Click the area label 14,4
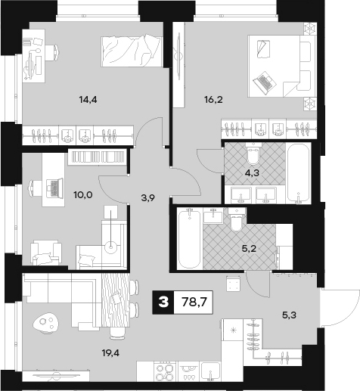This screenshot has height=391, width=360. tap(88, 100)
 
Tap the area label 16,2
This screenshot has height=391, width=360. tap(213, 100)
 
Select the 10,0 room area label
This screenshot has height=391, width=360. tap(83, 194)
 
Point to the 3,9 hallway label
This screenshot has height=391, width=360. tap(148, 198)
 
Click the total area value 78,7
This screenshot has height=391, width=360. tap(194, 302)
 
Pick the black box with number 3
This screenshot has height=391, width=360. tap(163, 302)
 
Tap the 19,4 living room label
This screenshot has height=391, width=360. tap(110, 353)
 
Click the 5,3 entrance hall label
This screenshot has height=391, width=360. tap(289, 315)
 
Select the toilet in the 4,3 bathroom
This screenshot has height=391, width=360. tap(253, 153)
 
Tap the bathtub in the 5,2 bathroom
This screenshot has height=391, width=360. tap(189, 238)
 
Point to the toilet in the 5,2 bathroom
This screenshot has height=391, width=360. tap(236, 219)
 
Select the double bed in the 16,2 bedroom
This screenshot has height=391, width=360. tap(282, 66)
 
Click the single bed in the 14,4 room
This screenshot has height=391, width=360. tap(131, 51)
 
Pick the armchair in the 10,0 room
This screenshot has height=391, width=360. tap(46, 253)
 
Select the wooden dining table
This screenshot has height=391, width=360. tap(116, 300)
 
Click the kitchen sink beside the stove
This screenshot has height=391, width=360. tap(211, 371)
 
